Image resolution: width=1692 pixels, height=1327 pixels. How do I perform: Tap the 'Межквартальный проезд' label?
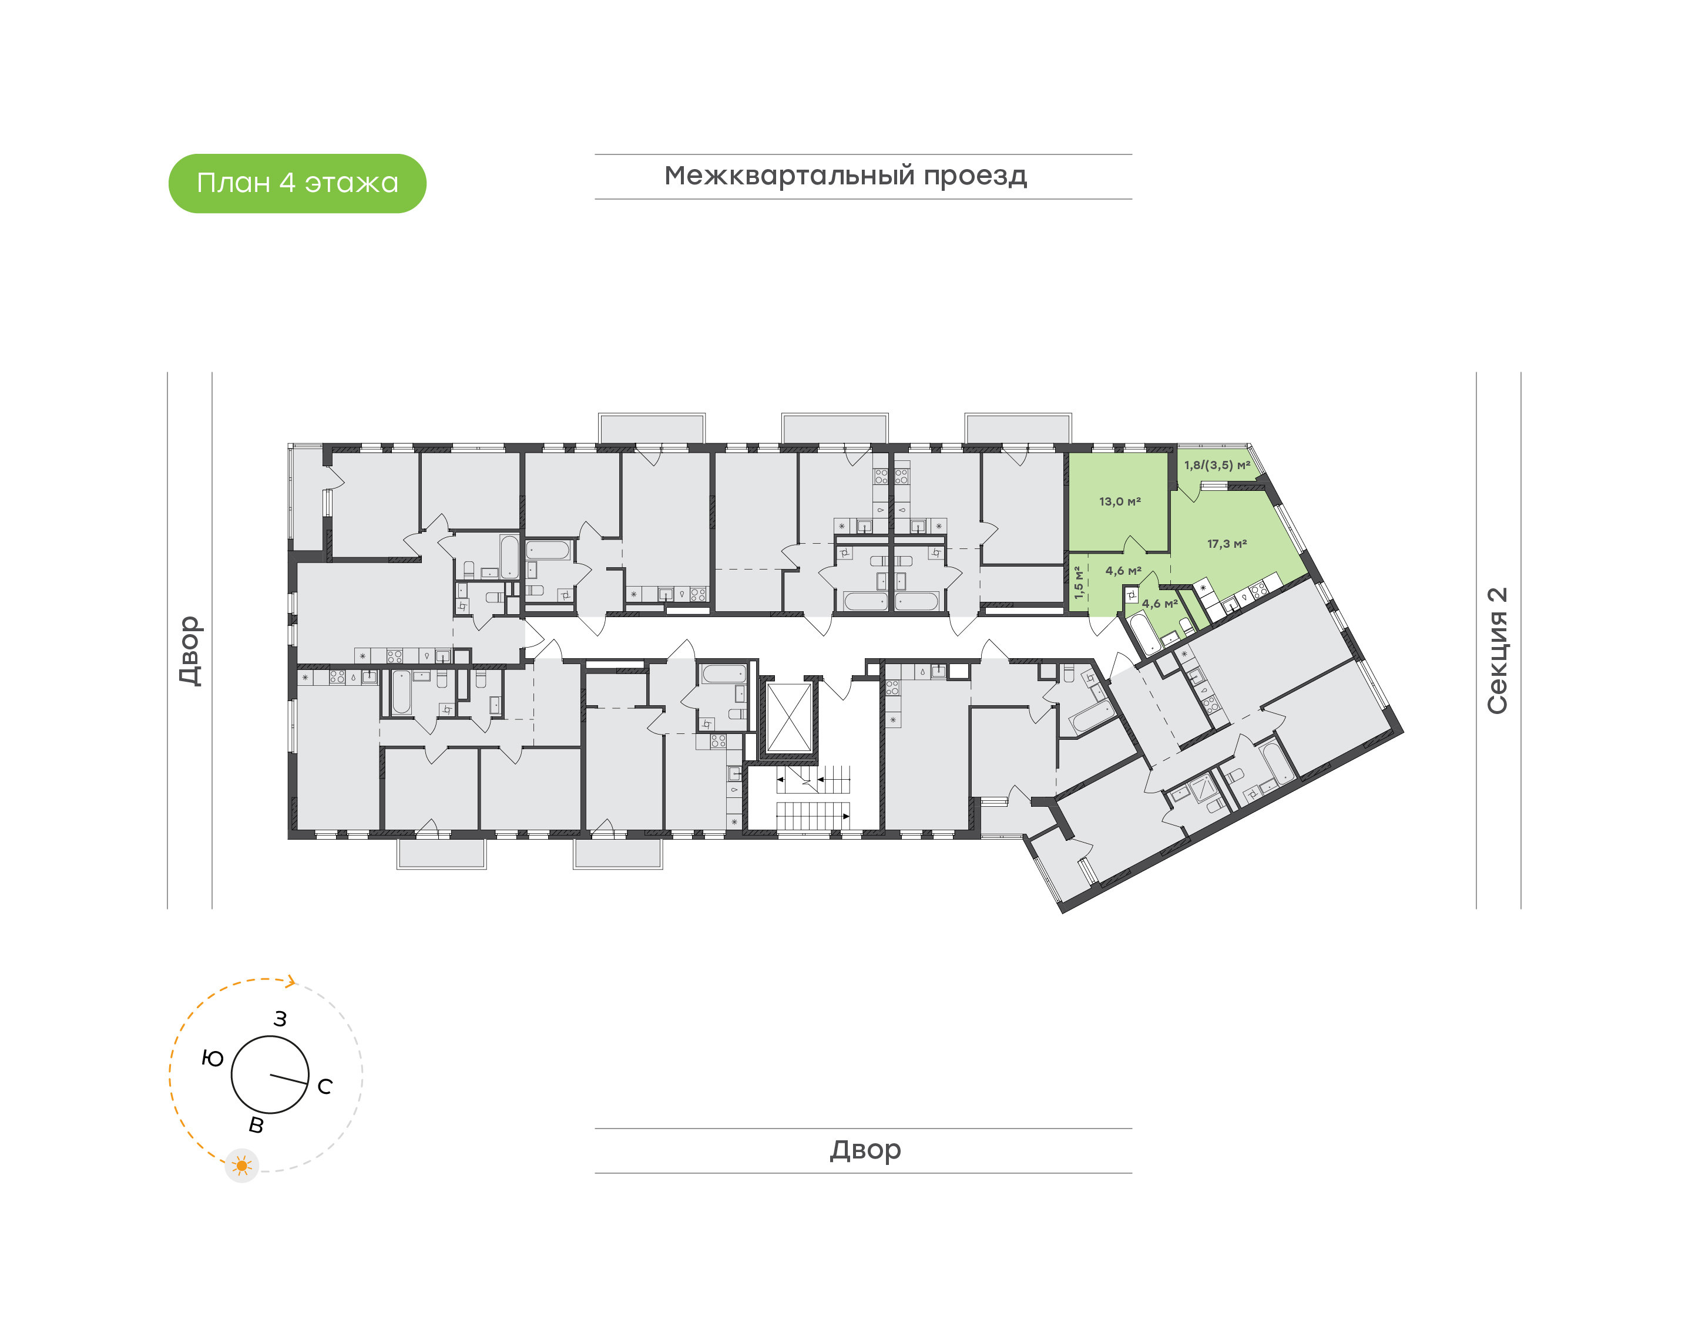[845, 176]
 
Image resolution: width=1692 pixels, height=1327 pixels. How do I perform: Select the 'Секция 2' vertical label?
[1497, 651]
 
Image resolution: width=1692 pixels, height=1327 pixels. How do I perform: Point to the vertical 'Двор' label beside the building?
[190, 651]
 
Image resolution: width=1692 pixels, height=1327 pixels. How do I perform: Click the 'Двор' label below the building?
[865, 1150]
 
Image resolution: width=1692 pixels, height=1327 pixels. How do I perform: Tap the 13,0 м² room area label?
[1120, 502]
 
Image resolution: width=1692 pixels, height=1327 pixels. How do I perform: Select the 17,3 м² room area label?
[1227, 544]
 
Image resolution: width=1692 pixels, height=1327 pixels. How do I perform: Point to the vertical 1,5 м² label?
[1079, 582]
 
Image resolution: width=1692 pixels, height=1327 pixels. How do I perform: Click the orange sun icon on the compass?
[241, 1166]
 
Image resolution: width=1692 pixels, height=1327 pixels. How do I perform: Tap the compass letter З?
[281, 1019]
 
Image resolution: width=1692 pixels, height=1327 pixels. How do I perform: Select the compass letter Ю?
[212, 1058]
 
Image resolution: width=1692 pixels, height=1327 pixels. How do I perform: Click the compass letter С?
[325, 1086]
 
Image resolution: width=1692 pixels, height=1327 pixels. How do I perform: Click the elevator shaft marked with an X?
[789, 718]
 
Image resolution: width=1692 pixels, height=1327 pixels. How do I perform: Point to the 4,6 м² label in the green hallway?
[1123, 571]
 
